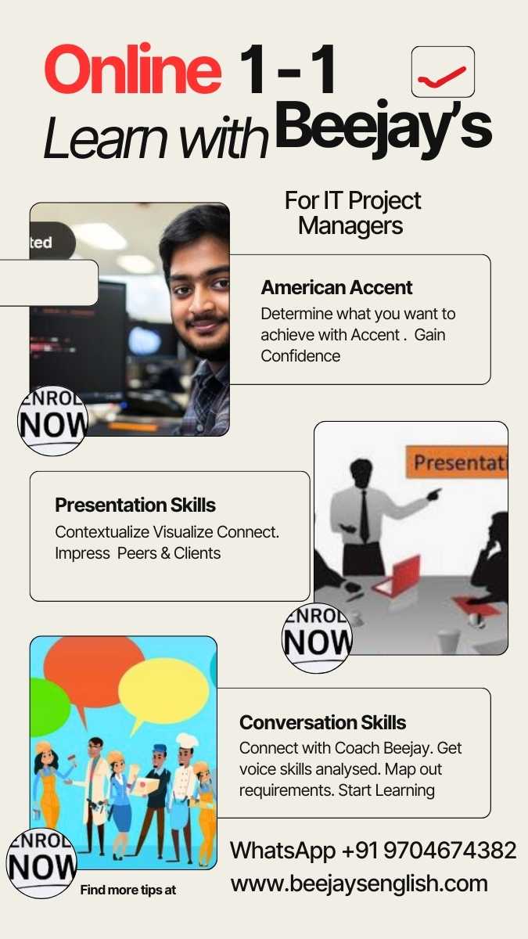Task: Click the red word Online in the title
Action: click(133, 70)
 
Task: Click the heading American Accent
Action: click(336, 287)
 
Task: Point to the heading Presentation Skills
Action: click(135, 505)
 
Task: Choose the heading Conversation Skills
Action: click(322, 721)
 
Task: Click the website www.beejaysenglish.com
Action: click(359, 883)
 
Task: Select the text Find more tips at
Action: click(128, 890)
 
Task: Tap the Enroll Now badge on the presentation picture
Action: click(317, 638)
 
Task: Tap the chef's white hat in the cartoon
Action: click(187, 740)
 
